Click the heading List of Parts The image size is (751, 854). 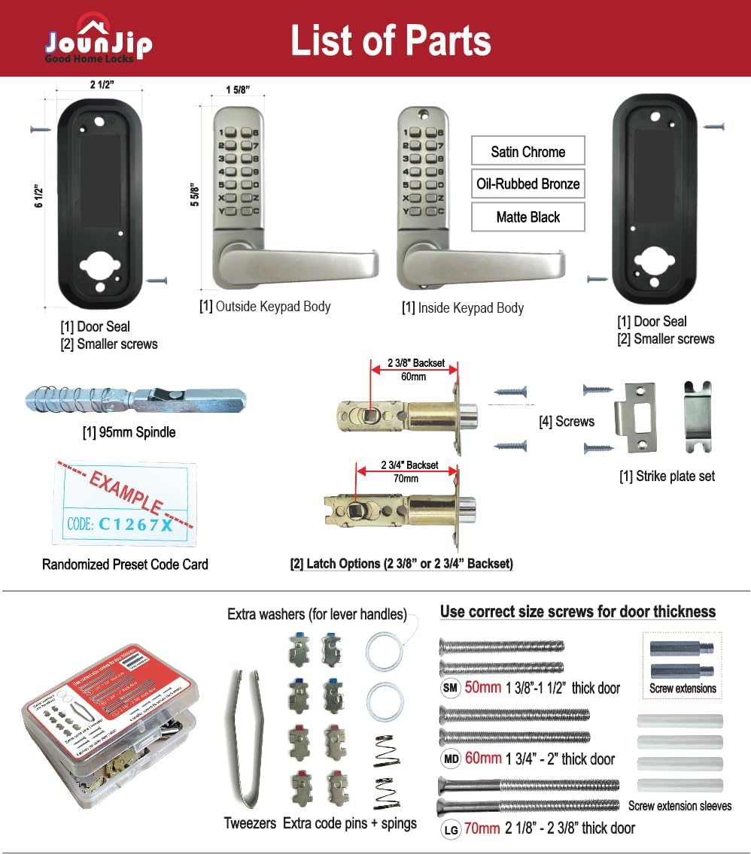tap(391, 41)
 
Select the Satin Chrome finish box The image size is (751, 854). tap(528, 152)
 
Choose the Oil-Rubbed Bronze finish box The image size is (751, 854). tap(528, 184)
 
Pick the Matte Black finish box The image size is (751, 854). tap(528, 217)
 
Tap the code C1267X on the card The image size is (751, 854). tap(135, 524)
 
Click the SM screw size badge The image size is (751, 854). tap(451, 688)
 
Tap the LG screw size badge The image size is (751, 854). tap(451, 828)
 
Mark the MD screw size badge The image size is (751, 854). tap(451, 759)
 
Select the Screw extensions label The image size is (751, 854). tap(683, 688)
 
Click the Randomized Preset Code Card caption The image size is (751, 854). tap(125, 564)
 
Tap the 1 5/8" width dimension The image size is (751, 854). tap(238, 90)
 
